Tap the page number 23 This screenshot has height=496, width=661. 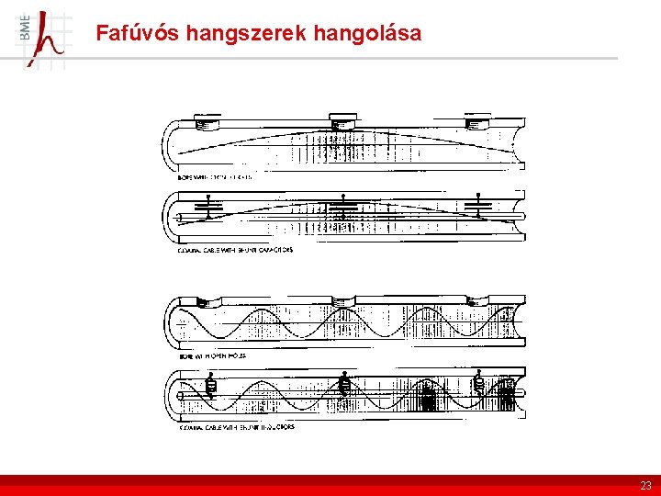(645, 485)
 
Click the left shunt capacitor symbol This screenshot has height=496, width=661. (210, 207)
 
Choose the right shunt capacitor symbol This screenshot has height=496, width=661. (477, 207)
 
